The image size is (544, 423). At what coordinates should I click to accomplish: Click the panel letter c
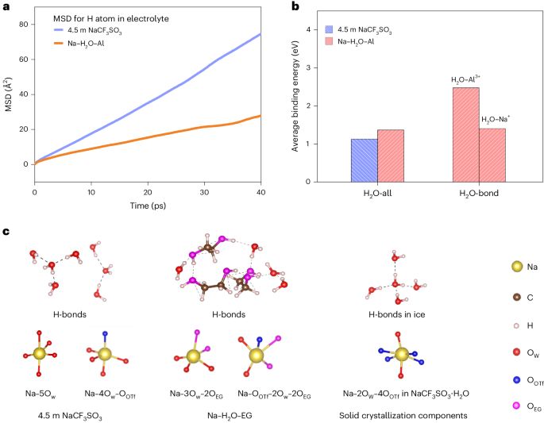click(x=6, y=231)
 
